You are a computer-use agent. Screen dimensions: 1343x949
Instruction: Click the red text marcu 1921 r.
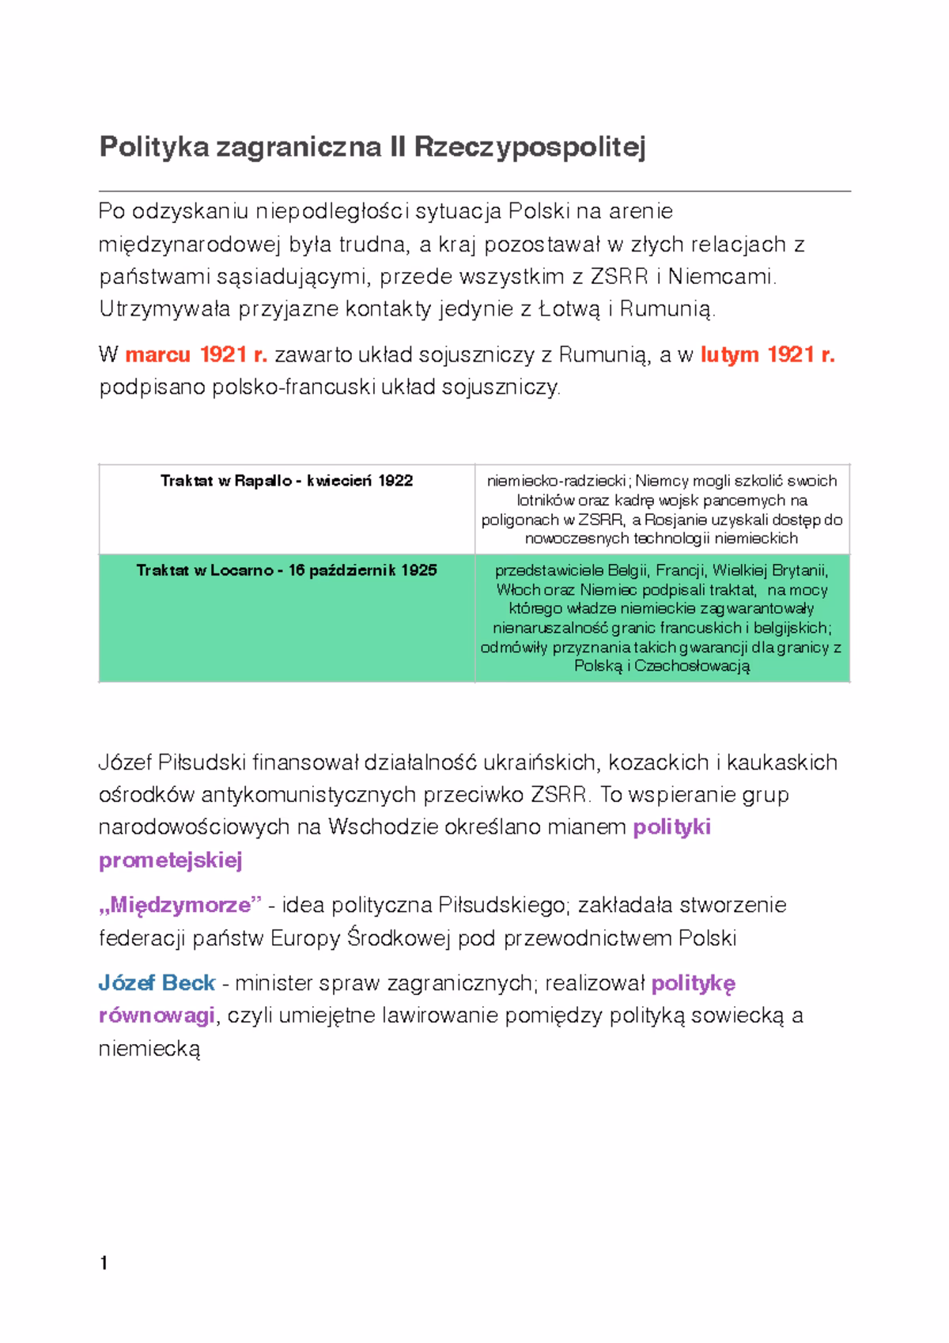196,355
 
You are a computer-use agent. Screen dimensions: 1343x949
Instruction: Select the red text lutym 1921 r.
767,355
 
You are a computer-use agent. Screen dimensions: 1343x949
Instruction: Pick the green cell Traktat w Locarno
286,570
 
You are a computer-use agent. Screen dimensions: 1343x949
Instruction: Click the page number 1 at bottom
104,1263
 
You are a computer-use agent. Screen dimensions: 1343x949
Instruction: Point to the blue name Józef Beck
157,983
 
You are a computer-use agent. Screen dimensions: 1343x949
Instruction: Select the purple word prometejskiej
170,861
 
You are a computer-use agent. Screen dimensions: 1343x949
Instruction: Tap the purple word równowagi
157,1016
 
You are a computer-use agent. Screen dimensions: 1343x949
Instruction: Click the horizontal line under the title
475,191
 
